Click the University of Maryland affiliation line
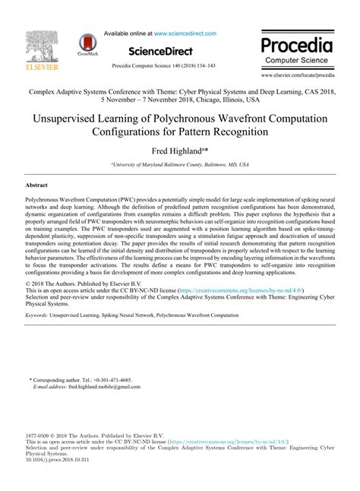(x=180, y=164)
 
